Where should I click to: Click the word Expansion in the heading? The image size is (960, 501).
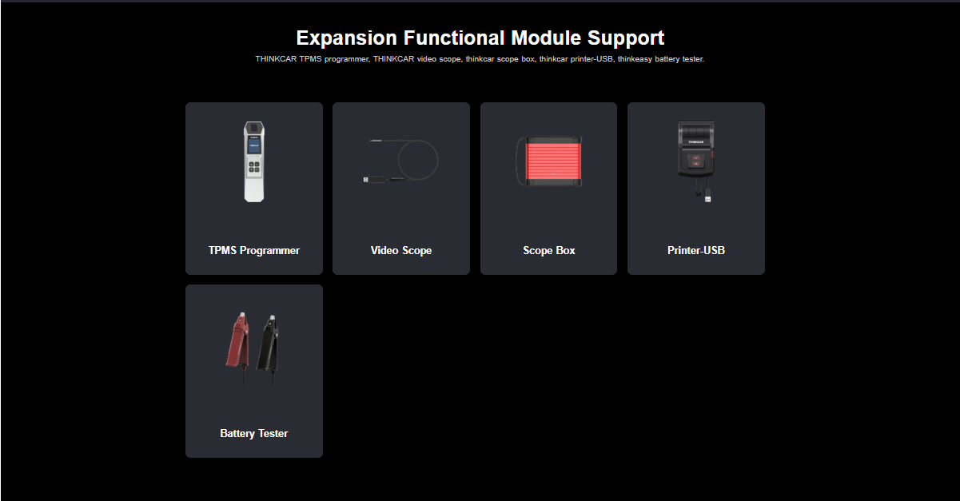pos(347,38)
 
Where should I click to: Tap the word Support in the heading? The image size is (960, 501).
pos(626,38)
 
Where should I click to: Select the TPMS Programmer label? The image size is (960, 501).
pos(253,250)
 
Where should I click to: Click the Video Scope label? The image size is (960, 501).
pos(401,250)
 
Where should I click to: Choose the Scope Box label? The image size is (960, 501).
pos(549,250)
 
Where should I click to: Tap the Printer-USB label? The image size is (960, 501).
pos(696,250)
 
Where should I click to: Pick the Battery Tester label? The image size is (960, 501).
pos(253,433)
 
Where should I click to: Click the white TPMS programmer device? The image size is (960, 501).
pos(253,161)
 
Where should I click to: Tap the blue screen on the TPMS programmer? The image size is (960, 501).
pos(253,146)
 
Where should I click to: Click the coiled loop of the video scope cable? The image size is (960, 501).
pos(418,141)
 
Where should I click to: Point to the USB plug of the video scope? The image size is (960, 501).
pos(365,180)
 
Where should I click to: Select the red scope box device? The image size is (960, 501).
pos(549,161)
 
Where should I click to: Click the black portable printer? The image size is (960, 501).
pos(696,149)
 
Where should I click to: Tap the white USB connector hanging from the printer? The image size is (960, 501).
pos(708,199)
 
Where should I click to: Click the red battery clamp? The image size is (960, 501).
pos(237,341)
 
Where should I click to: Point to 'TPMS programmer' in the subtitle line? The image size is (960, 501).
pos(334,59)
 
